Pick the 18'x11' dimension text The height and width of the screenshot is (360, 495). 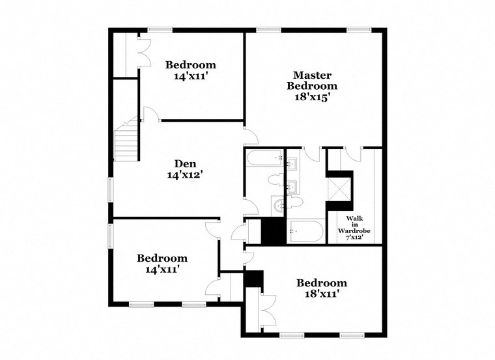point(321,294)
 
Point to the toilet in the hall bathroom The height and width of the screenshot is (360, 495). point(276,180)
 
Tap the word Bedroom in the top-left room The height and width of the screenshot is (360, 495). point(190,65)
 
